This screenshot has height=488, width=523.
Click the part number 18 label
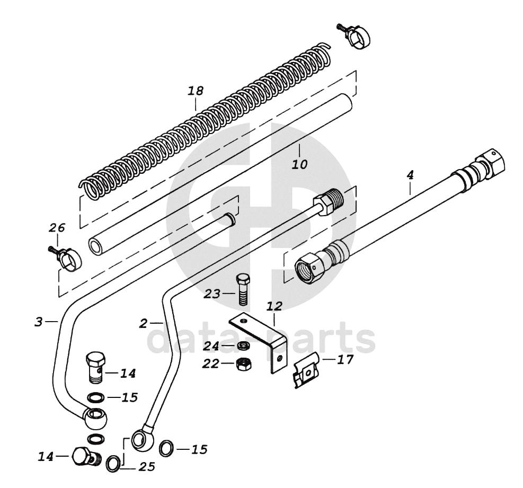(x=196, y=91)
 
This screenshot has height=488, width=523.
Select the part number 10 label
(x=299, y=164)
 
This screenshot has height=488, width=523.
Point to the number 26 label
(x=57, y=228)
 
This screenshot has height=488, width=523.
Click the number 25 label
(x=147, y=467)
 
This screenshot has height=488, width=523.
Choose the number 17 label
(x=345, y=360)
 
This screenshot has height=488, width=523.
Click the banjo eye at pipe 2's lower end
(x=143, y=439)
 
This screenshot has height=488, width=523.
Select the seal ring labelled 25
(x=113, y=464)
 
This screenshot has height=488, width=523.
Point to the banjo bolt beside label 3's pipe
(x=95, y=366)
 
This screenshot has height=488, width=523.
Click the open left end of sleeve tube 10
(x=96, y=246)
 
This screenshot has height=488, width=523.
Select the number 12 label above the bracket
(x=274, y=306)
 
